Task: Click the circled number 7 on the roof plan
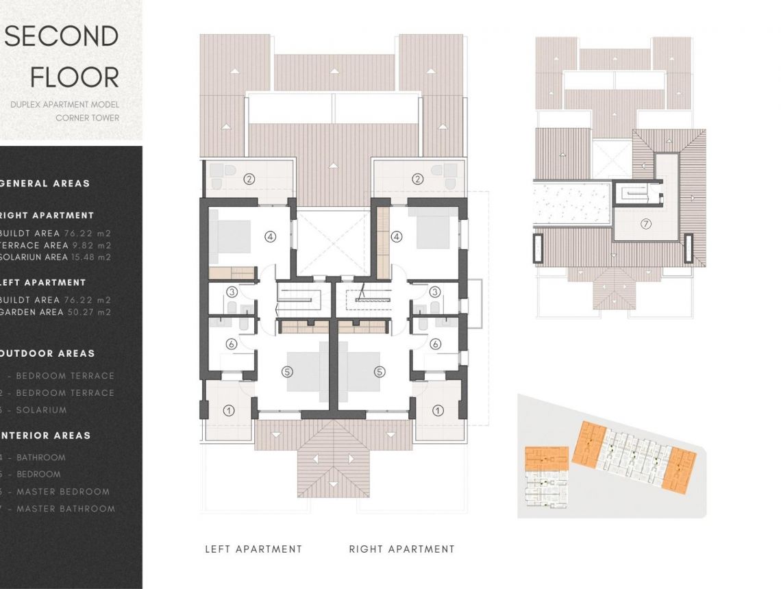coord(645,224)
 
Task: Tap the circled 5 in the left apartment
coord(287,372)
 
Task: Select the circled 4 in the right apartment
coord(396,237)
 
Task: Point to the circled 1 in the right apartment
coord(438,410)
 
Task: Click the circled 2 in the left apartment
coord(249,179)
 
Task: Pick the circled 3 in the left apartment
coord(232,292)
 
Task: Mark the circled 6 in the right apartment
coord(435,344)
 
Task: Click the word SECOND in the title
coord(62,37)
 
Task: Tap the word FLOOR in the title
coord(75,77)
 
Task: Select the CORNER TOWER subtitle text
coord(87,118)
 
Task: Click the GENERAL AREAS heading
coord(44,184)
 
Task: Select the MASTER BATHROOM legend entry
coord(64,508)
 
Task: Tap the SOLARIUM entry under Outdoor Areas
coord(41,410)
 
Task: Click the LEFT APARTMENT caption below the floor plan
coord(253,549)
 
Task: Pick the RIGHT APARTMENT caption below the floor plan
coord(401,549)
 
